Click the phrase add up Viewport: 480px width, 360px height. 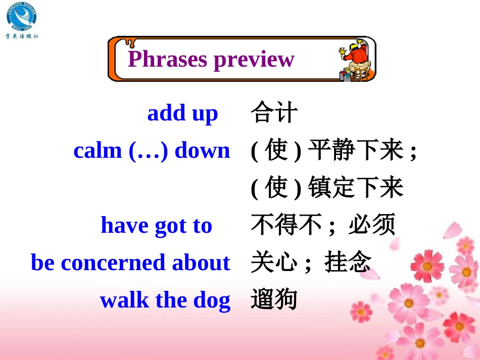click(x=182, y=114)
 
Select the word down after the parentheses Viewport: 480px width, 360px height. click(x=202, y=150)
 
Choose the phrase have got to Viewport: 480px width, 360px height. click(x=156, y=225)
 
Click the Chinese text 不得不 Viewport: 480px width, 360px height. click(x=286, y=225)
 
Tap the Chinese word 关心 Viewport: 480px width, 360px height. click(x=273, y=263)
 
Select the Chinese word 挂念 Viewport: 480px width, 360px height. click(x=348, y=263)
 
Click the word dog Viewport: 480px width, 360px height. click(x=212, y=301)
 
